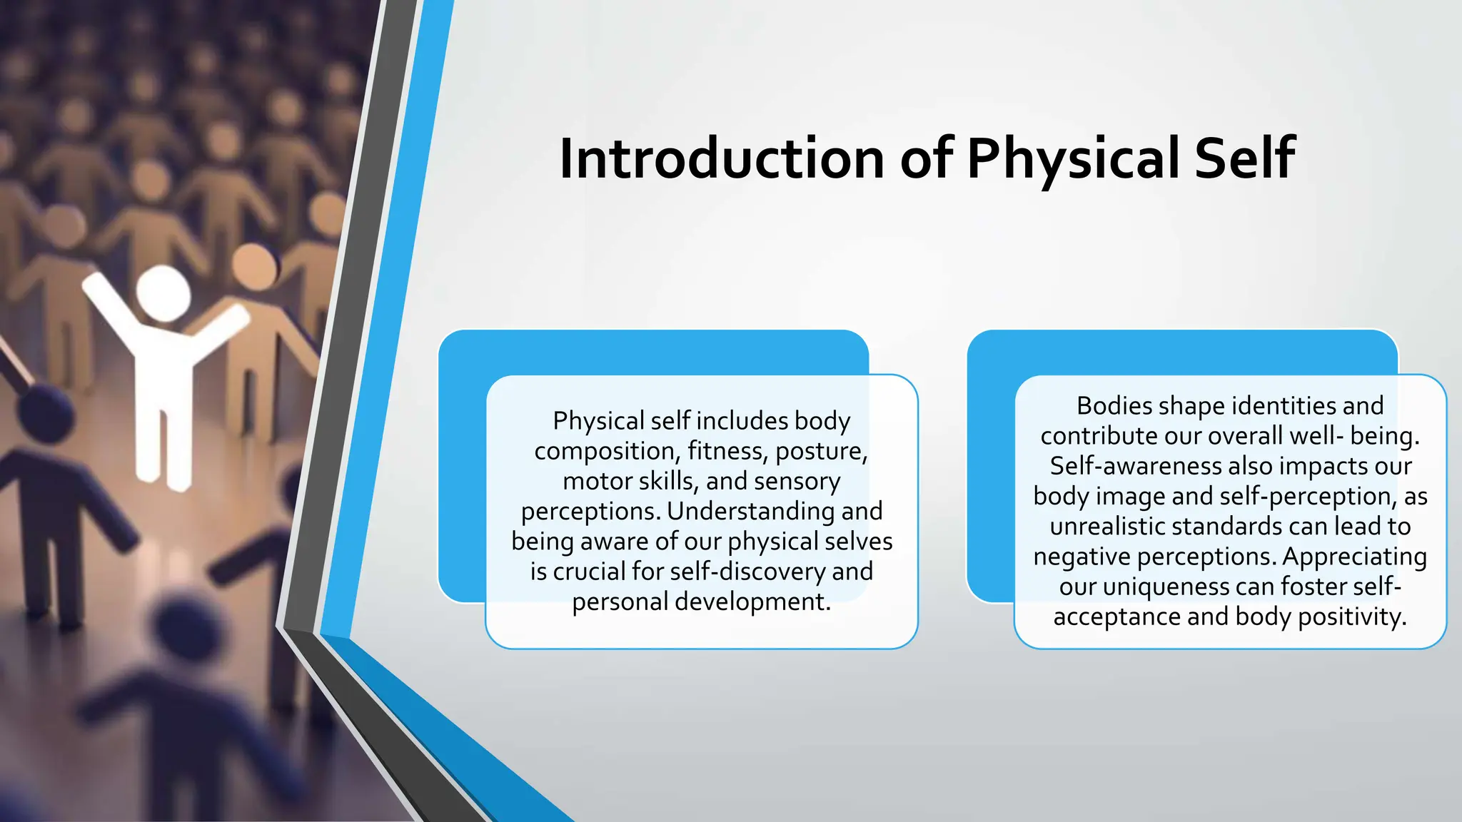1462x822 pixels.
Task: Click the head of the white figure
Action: click(163, 293)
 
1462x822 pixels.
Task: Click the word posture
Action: click(821, 452)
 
